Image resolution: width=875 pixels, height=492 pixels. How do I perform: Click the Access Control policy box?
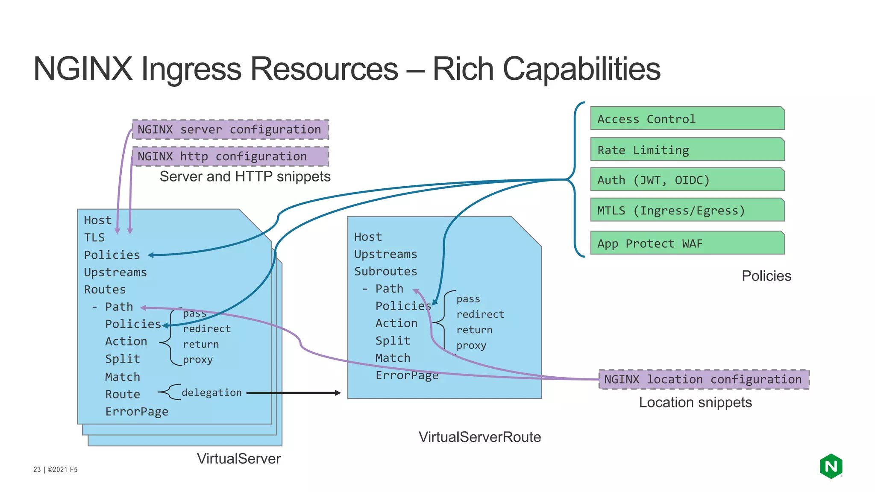pos(687,119)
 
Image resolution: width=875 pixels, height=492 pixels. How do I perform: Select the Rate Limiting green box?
pos(687,149)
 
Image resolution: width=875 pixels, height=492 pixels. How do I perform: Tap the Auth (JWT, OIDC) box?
pos(687,180)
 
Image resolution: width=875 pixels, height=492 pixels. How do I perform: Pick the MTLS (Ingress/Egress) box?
pos(687,210)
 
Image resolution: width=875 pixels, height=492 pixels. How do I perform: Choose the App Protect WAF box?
pos(687,243)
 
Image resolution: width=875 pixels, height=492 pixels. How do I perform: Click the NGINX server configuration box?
pos(230,129)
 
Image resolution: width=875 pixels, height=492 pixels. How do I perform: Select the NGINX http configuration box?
pos(230,156)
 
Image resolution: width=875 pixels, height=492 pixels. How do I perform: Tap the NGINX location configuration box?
pos(703,379)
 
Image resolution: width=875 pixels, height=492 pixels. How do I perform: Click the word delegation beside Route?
pos(211,392)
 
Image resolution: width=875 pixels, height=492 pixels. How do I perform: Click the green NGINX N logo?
pos(831,466)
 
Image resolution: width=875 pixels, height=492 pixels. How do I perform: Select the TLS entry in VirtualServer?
pos(94,237)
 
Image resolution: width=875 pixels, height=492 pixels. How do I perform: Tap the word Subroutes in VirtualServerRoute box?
pos(385,271)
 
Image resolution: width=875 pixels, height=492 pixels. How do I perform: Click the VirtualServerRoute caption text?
pos(479,437)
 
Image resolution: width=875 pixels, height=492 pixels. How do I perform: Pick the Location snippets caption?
pos(695,402)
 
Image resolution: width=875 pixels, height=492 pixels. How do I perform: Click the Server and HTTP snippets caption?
pos(245,176)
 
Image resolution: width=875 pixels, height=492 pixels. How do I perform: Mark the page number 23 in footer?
pos(37,469)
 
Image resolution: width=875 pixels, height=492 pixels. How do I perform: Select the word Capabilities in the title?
pos(581,69)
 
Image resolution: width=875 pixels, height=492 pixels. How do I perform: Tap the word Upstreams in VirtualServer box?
pos(115,272)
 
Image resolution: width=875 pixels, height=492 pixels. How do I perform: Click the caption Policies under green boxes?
pos(766,276)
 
